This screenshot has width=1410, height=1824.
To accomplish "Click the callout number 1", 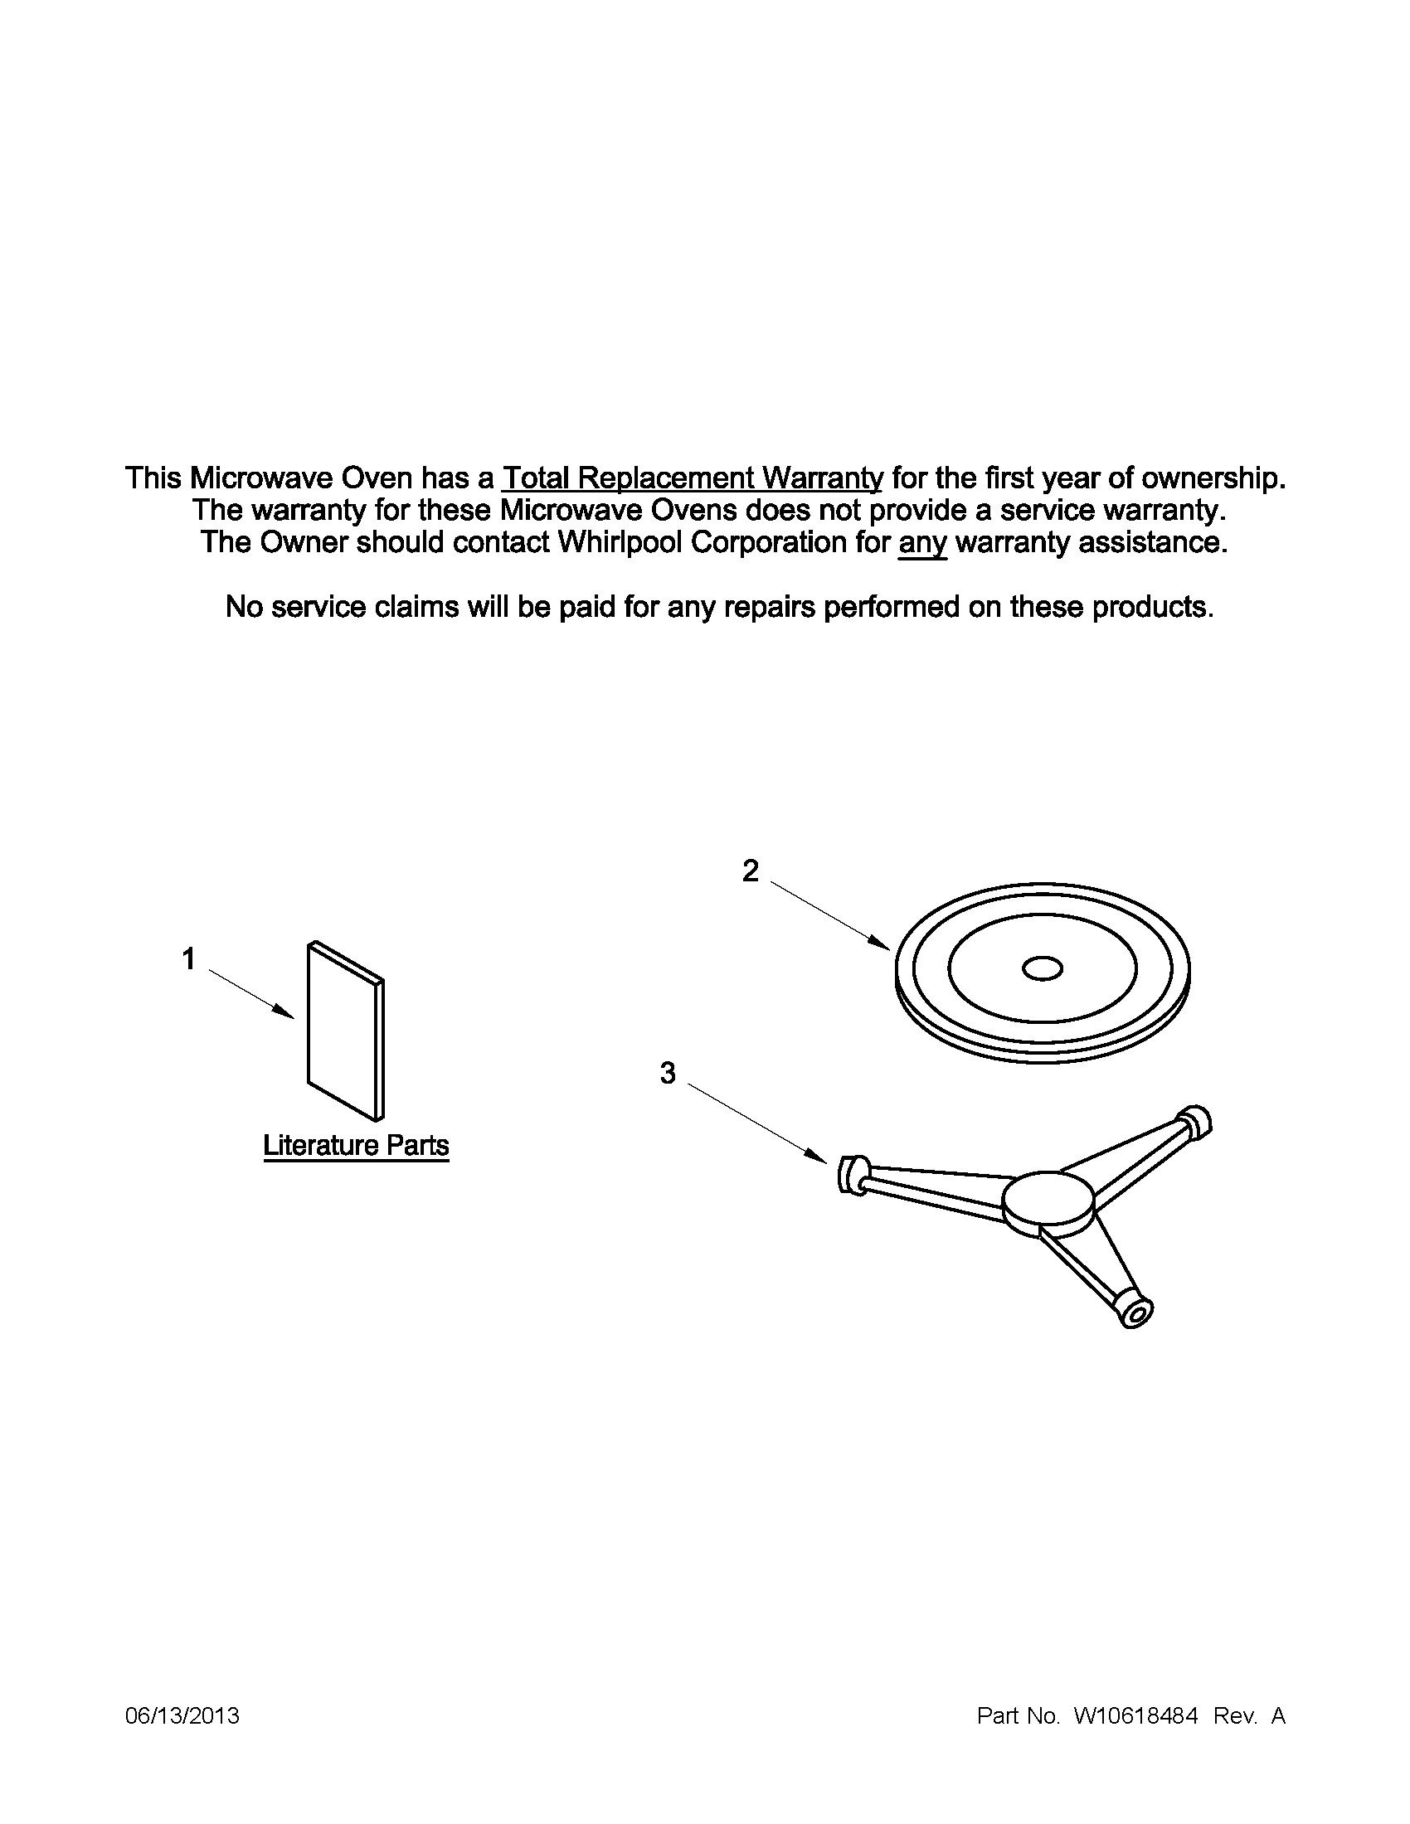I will pos(189,958).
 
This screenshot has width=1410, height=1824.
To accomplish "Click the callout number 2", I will pos(751,871).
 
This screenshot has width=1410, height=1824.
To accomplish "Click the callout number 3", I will pos(668,1073).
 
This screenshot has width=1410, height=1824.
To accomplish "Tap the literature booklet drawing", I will pos(346,1031).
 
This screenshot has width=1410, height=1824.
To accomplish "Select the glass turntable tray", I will pos(1042,973).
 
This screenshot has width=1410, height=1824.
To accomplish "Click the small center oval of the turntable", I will pos(1043,968).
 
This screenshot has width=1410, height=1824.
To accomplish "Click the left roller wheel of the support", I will pos(852,1174).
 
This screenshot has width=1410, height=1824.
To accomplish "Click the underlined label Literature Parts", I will pos(356,1145).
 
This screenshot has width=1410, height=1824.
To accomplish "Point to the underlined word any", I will pos(922,543).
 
